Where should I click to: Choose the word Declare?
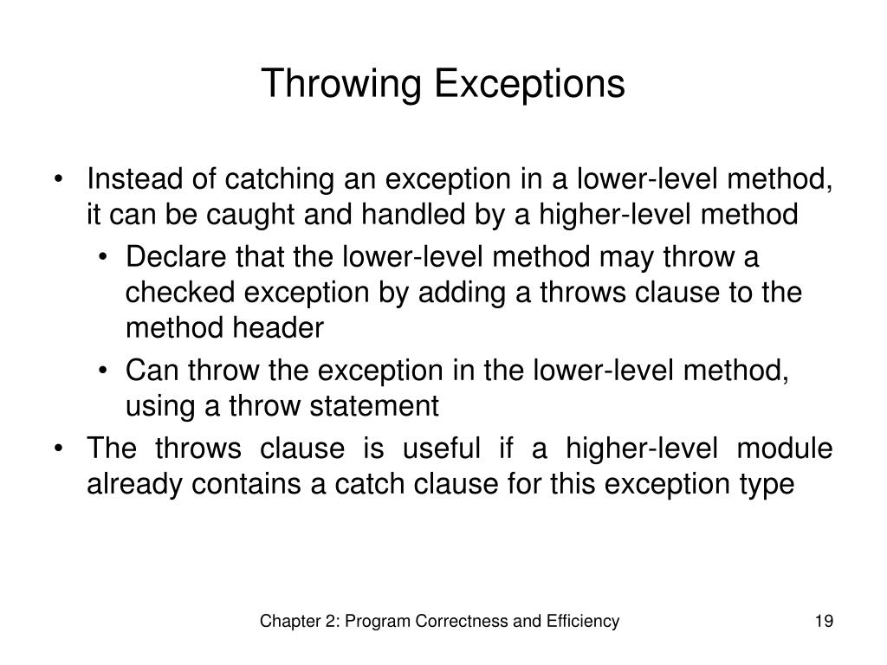point(176,258)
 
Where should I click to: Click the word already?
point(135,483)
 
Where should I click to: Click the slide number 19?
point(823,621)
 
